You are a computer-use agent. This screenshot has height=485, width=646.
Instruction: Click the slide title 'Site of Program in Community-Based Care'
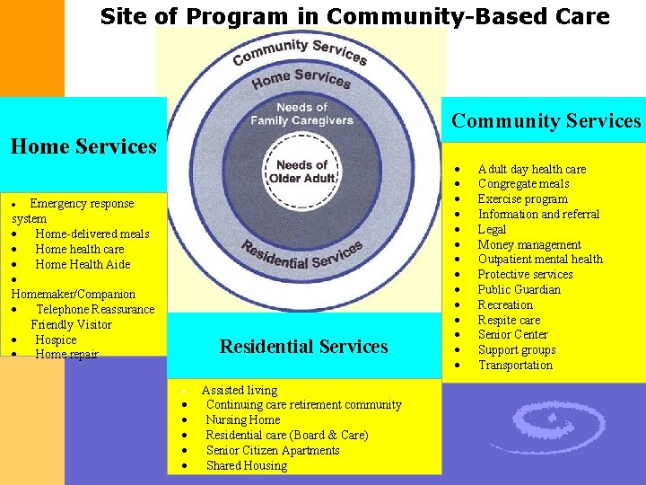[x=354, y=16]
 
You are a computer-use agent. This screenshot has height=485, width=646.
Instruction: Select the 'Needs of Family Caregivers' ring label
[x=301, y=114]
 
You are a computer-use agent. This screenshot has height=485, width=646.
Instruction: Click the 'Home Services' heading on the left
[x=83, y=145]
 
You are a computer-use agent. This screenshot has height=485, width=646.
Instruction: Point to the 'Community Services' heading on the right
[x=546, y=121]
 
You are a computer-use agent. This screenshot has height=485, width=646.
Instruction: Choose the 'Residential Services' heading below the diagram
[x=304, y=346]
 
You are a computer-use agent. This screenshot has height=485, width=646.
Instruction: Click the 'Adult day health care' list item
[x=531, y=169]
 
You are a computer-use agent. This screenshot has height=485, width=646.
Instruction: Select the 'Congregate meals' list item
[x=523, y=184]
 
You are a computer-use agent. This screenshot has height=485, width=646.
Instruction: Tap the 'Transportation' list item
[x=515, y=365]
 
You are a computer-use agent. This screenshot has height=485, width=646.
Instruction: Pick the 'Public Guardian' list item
[x=519, y=289]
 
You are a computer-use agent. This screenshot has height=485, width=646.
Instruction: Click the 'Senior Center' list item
[x=512, y=335]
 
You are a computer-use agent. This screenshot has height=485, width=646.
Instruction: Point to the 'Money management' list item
[x=529, y=244]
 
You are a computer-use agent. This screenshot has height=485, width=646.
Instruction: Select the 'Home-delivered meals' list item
[x=92, y=234]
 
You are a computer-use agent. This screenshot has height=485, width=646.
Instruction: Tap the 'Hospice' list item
[x=56, y=339]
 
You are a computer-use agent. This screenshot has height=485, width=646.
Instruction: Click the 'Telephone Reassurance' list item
[x=95, y=309]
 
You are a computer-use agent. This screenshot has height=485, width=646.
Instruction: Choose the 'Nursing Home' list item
[x=243, y=419]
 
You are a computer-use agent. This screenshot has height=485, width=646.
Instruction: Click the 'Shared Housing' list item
[x=247, y=465]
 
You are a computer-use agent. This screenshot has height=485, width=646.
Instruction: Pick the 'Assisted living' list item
[x=240, y=390]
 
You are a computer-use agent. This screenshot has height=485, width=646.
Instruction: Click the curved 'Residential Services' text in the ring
[x=301, y=257]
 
